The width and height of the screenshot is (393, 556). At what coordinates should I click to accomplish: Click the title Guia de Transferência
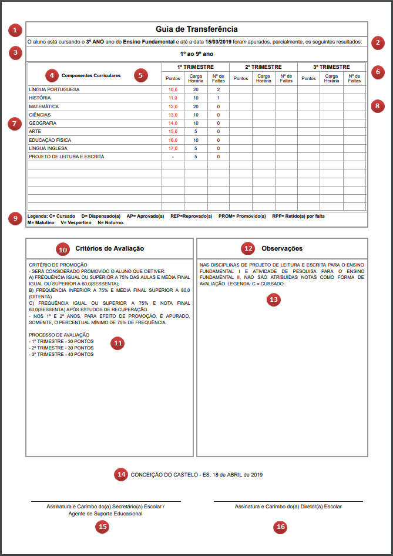point(197,29)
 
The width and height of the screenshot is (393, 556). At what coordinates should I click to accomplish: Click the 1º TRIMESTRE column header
point(195,67)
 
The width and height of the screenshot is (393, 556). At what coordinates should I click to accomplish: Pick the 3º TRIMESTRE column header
point(331,67)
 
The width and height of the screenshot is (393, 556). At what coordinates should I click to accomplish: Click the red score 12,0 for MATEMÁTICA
point(173,106)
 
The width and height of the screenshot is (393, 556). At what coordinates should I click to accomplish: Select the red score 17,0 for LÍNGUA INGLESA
point(173,149)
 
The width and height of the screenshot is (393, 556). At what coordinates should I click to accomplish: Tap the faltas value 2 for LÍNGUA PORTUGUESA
point(218,89)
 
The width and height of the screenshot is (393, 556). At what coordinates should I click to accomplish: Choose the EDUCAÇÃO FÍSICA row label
point(51,141)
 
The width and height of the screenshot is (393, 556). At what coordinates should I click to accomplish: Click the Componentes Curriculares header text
point(91,76)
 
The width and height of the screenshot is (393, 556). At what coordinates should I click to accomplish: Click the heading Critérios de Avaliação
point(110,249)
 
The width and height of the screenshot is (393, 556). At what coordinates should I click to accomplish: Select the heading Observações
point(282,249)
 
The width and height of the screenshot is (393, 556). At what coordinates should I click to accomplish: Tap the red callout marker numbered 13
point(273,299)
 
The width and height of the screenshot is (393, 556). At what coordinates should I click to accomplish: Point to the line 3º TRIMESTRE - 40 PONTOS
point(61,354)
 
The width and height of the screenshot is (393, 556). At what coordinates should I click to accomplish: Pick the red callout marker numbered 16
point(281,527)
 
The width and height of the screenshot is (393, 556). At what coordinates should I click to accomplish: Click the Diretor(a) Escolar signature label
point(288,506)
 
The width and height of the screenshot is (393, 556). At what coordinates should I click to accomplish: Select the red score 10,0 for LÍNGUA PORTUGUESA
point(173,89)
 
